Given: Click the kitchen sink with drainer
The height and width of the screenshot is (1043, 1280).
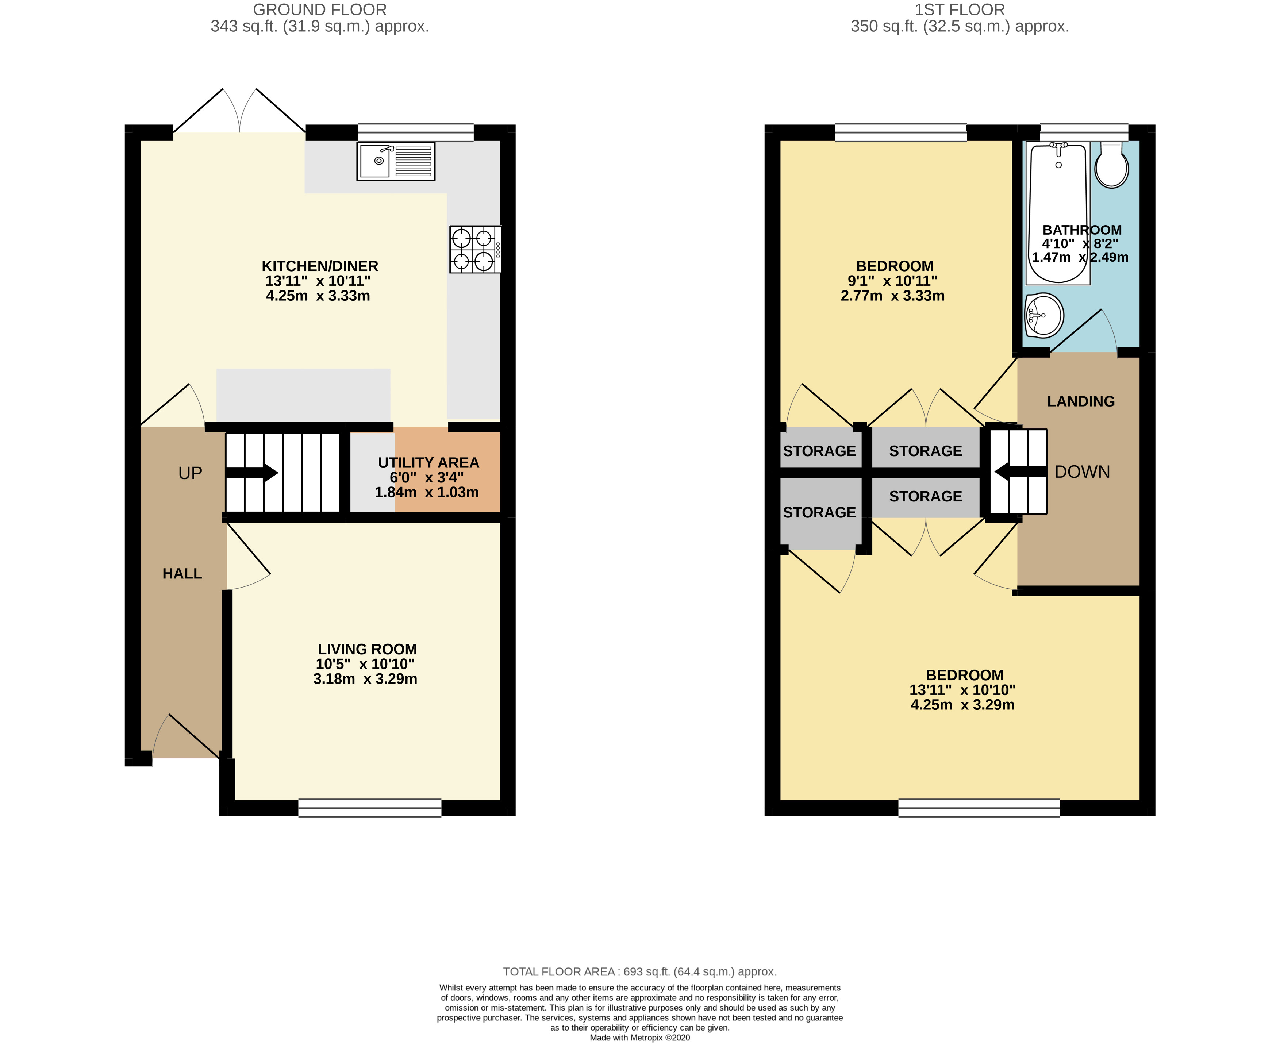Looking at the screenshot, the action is tap(395, 161).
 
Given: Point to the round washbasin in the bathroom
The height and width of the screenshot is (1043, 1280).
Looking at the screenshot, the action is tap(1045, 315).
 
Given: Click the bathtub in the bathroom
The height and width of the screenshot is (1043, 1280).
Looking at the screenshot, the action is tap(1058, 213).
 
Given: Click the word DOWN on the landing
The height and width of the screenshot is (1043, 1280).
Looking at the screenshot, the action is tap(1082, 472).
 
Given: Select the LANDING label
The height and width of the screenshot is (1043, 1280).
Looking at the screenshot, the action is tap(1080, 401).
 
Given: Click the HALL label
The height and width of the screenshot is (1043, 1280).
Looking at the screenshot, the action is tap(182, 574).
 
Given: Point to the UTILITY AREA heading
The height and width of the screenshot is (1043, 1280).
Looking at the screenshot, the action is tap(428, 463).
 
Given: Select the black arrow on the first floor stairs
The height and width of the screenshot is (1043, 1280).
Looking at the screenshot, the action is tap(1020, 472).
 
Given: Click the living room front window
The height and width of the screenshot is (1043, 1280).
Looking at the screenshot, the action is tap(370, 808).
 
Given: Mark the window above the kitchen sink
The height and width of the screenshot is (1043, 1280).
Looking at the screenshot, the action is tap(415, 132).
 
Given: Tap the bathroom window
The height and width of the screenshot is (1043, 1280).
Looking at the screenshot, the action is tap(1084, 132).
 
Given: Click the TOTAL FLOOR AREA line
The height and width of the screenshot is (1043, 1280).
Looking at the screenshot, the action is tap(639, 971).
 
